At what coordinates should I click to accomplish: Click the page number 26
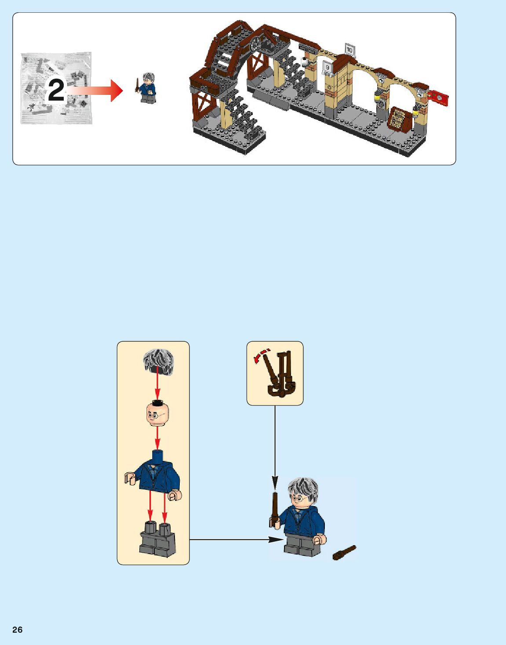[x=17, y=630]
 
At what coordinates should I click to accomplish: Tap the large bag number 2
[x=56, y=90]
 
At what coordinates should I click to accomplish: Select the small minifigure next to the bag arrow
[x=148, y=88]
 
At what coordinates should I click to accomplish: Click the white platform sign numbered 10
[x=349, y=50]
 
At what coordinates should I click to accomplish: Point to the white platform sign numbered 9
[x=327, y=67]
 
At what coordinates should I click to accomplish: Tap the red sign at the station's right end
[x=439, y=97]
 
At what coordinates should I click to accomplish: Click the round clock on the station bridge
[x=257, y=44]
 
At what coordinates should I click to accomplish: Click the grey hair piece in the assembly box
[x=159, y=362]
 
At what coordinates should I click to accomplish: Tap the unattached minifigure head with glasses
[x=157, y=413]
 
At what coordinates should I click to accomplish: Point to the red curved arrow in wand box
[x=261, y=355]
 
